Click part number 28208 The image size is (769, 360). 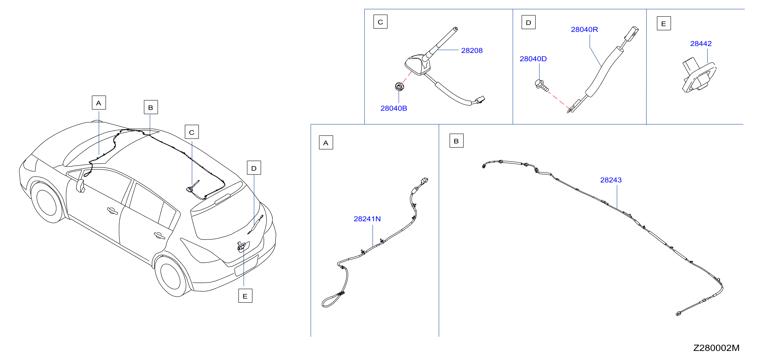point(472,50)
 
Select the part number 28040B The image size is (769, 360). point(393,108)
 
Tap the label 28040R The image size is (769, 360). point(584,30)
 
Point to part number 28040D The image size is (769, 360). point(533,59)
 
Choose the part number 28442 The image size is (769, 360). point(701,44)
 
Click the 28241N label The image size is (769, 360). point(367,219)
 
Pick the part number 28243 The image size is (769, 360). point(611,180)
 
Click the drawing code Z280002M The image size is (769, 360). point(716,348)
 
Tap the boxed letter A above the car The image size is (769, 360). point(99,103)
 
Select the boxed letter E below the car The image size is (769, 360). point(245,296)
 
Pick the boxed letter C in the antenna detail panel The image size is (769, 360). point(380,22)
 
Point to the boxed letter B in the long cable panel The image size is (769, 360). point(456,141)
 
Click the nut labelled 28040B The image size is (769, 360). point(399,87)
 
